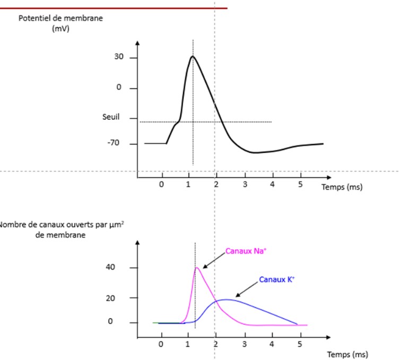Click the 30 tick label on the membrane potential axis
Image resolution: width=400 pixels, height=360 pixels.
click(118, 58)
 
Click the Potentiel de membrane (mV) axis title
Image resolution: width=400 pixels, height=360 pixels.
click(60, 23)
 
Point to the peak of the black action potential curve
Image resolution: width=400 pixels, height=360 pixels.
click(193, 56)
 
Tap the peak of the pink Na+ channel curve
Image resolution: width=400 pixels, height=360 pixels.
click(197, 267)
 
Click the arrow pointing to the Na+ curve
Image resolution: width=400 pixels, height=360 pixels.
click(212, 260)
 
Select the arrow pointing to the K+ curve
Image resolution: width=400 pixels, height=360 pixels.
click(246, 289)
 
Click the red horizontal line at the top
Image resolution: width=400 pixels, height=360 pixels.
click(114, 8)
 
